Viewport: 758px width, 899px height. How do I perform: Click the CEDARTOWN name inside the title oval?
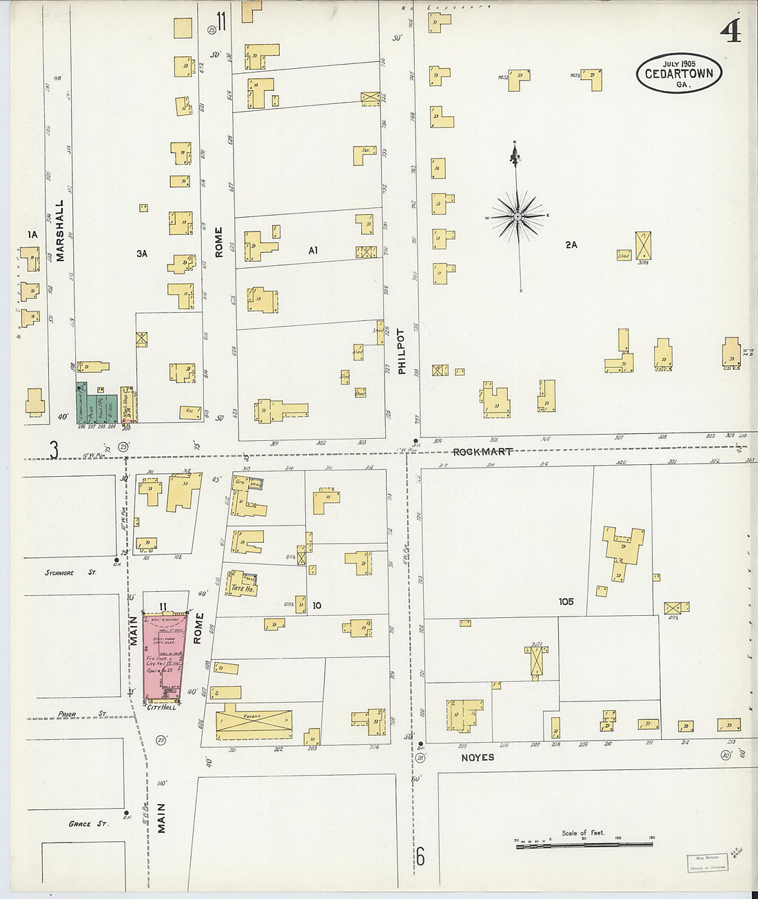(x=679, y=74)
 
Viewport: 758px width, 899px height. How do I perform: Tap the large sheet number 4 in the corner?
(x=730, y=30)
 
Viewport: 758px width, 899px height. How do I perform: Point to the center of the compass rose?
(x=518, y=217)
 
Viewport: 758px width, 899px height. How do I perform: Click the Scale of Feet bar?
(x=584, y=843)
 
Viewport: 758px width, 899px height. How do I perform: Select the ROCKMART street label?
(x=482, y=452)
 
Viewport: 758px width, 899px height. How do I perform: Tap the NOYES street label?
(x=478, y=757)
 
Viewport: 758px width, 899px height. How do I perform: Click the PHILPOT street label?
(x=402, y=351)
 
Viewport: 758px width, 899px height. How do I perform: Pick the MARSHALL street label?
(x=60, y=231)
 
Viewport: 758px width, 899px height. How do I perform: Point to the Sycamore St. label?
(x=61, y=572)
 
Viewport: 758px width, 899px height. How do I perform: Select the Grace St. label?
(x=88, y=823)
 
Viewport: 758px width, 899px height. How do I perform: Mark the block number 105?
(x=566, y=601)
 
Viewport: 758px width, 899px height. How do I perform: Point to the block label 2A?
(x=571, y=245)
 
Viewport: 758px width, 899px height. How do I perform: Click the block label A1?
(x=313, y=251)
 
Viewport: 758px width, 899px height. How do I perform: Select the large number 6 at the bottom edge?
(x=420, y=857)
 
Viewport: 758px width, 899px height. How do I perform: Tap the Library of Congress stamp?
(x=707, y=863)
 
